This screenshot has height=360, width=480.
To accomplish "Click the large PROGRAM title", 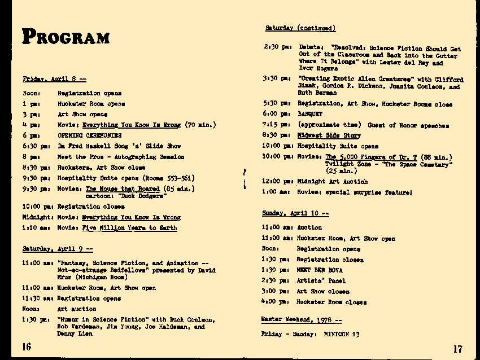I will tap(66, 37).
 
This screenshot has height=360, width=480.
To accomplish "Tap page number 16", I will tap(27, 346).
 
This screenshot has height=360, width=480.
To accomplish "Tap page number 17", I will tap(457, 349).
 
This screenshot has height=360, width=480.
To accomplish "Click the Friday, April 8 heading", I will tap(54, 79).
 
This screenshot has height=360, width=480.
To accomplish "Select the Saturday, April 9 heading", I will tap(57, 249).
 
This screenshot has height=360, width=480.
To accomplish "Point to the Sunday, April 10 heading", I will tap(295, 213).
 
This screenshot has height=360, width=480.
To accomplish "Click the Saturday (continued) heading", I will tap(300, 28).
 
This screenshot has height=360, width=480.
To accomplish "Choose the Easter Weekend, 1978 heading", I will tap(301, 320).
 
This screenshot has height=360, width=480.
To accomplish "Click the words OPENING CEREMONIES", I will tap(89, 135).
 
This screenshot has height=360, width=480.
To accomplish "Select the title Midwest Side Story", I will tap(329, 135).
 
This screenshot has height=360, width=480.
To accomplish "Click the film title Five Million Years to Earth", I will tap(129, 228).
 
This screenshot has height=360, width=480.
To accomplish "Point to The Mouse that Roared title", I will tap(123, 189).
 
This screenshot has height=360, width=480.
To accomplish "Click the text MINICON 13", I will tap(342, 335).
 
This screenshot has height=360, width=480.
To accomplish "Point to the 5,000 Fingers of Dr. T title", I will tap(371, 157).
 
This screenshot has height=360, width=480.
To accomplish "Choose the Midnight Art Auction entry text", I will tap(332, 182).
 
